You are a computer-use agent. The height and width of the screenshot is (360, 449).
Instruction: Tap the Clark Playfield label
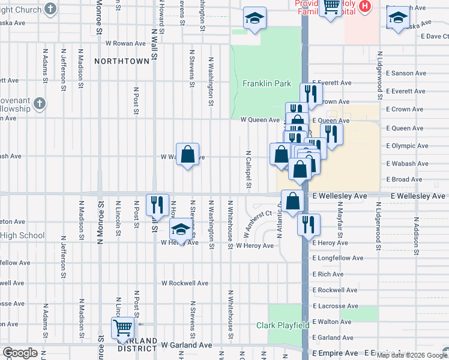click(283, 325)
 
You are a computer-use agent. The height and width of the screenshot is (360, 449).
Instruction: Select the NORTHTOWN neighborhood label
click(122, 61)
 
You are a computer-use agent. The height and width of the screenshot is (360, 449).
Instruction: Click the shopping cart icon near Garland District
click(122, 328)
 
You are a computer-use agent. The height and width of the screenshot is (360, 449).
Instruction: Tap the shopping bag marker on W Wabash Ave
click(187, 154)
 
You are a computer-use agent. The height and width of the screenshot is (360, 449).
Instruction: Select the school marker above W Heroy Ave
click(181, 229)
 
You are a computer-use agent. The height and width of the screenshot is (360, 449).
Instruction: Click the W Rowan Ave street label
click(125, 43)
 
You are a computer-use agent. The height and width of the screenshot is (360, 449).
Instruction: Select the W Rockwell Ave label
click(185, 283)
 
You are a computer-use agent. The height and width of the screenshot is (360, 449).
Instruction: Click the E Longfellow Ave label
click(338, 258)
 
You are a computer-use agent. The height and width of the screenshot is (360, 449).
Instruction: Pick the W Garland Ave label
click(187, 345)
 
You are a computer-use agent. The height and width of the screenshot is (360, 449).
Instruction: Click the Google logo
click(20, 353)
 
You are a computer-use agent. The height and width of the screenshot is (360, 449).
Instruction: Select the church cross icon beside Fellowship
click(40, 103)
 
